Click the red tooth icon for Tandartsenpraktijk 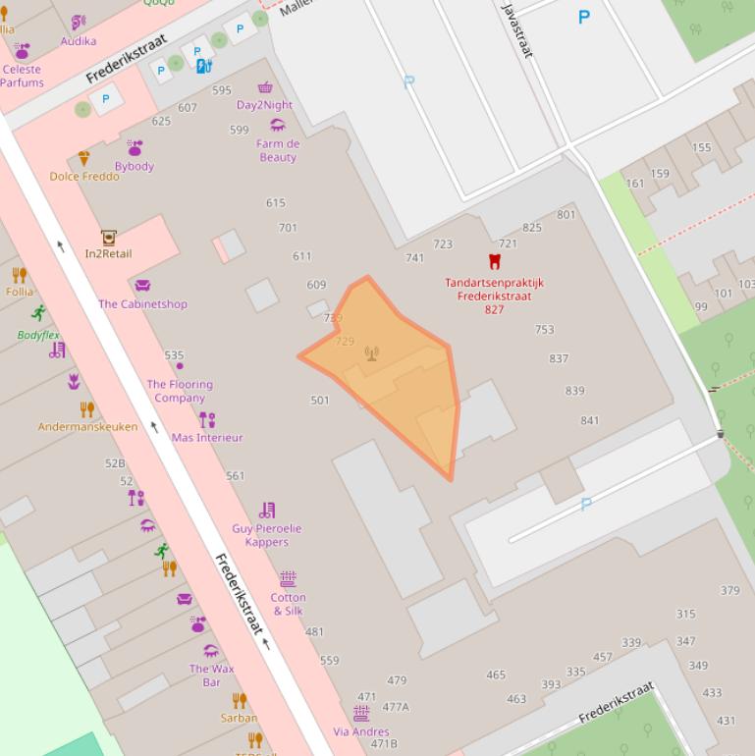[495, 261]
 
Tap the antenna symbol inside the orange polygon [371, 353]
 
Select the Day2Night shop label [264, 105]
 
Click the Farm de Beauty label [278, 150]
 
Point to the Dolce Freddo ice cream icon [83, 158]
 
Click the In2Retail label [108, 253]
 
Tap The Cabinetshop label [142, 304]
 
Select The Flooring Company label [180, 391]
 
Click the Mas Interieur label [207, 438]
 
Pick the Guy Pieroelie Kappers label [267, 535]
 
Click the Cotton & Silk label [288, 604]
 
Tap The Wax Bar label [212, 675]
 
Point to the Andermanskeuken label [87, 427]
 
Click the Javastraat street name [517, 29]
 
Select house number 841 [589, 421]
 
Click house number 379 [729, 591]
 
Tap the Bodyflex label [38, 335]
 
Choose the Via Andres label [361, 731]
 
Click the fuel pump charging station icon [203, 67]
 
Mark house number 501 [320, 401]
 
